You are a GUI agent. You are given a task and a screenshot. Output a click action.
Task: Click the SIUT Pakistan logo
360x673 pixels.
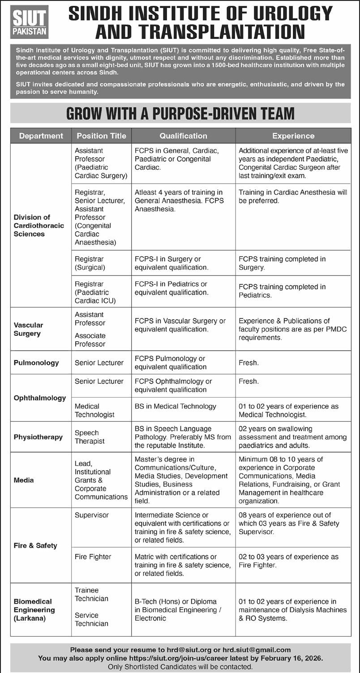pos(30,21)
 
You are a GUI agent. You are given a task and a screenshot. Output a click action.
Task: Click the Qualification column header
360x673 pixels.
pos(183,136)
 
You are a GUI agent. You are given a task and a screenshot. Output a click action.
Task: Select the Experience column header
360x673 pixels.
pos(293,136)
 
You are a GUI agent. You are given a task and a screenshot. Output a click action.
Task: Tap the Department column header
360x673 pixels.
pos(41,136)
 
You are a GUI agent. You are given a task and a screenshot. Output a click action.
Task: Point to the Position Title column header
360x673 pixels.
pos(101,136)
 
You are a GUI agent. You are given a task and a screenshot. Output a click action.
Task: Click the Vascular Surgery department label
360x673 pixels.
pos(28,329)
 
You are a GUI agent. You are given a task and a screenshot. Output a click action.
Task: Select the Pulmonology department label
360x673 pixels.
pos(36,363)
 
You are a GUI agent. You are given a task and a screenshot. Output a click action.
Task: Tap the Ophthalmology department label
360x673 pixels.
pos(40,398)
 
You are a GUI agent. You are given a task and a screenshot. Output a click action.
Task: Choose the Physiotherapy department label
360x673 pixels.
pos(38,437)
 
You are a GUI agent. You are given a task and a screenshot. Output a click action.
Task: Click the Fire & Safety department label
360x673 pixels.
pos(35,545)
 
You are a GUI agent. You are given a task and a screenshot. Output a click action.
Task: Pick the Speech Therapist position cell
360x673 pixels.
pos(90,437)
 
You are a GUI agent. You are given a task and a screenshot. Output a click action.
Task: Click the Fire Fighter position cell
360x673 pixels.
pos(93,557)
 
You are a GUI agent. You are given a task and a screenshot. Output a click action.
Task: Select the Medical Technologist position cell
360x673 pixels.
pos(94,410)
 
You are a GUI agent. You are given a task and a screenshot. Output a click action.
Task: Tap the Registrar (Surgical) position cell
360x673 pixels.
pos(90,263)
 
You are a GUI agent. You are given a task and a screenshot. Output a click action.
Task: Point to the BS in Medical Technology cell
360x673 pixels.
pos(176,406)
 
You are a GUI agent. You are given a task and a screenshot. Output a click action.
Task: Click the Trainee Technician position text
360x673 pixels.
pos(91,594)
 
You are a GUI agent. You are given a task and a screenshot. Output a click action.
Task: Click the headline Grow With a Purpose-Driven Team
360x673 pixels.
pos(180,113)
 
